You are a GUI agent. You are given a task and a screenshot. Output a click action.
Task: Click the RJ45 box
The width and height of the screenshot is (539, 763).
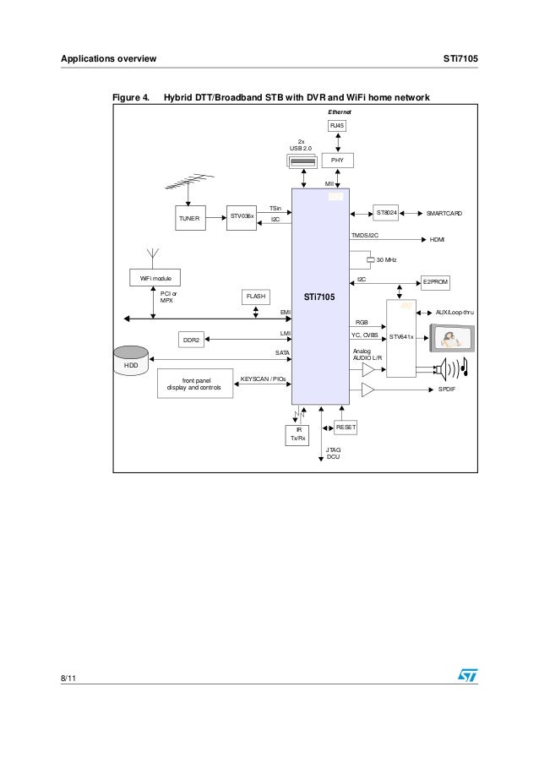point(337,126)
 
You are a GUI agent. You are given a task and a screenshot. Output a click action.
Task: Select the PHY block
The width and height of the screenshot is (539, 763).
point(337,161)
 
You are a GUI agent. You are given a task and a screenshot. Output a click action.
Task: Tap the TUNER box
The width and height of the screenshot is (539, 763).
point(189,217)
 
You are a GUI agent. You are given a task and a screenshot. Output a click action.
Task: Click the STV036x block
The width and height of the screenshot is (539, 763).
point(242,217)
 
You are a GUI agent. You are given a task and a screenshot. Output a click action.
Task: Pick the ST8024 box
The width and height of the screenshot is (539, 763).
point(389,213)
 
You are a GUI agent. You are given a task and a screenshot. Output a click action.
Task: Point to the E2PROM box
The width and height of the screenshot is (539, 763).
point(437,281)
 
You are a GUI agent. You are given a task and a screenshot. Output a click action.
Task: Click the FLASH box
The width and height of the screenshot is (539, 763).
point(256,297)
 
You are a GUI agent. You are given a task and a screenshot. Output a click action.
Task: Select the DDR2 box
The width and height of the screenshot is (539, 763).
point(193,340)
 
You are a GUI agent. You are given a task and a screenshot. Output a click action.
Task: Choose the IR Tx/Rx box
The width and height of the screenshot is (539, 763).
point(298,434)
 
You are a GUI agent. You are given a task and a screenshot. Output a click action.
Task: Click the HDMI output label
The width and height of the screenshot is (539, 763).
point(437,240)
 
